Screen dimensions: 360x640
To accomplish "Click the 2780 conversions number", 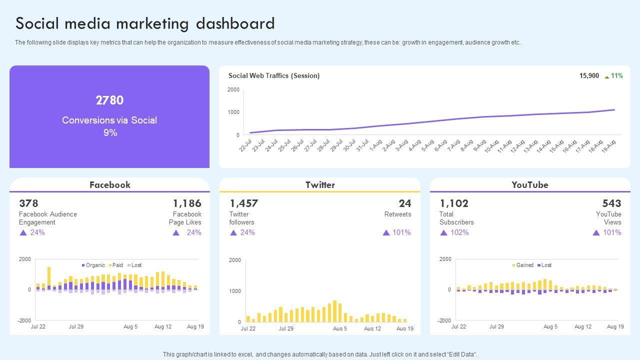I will click(x=109, y=100).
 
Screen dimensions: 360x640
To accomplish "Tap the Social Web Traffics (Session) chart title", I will click(x=274, y=76).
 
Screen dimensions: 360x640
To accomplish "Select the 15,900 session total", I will click(x=589, y=76).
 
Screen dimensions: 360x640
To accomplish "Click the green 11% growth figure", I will click(x=616, y=76).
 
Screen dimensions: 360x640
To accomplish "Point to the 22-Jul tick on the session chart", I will click(x=245, y=145).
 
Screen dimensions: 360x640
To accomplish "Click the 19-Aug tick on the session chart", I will click(x=609, y=145).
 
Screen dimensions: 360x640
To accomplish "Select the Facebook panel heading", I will click(x=109, y=185).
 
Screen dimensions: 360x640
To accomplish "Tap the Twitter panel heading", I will click(x=320, y=185).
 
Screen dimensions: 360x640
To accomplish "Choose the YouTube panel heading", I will click(x=530, y=185).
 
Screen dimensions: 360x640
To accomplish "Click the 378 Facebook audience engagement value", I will click(x=28, y=203).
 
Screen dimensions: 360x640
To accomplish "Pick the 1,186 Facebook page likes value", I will click(x=187, y=203).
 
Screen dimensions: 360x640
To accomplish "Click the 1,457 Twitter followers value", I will click(x=244, y=203).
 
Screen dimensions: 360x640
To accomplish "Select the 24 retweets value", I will click(x=405, y=203).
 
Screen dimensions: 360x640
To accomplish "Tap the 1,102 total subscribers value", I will click(x=454, y=203).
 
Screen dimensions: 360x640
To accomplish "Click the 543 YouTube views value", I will click(x=611, y=203).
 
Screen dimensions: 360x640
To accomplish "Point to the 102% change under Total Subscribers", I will click(x=459, y=232).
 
